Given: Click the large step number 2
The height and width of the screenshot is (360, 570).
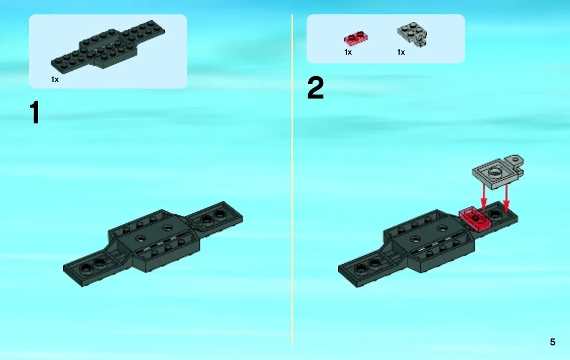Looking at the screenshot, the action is (x=315, y=88).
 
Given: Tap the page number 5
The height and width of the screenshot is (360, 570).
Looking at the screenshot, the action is (x=552, y=342).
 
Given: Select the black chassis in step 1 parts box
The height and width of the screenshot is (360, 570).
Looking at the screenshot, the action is (x=108, y=45).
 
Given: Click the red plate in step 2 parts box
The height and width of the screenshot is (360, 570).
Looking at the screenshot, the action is (x=356, y=38).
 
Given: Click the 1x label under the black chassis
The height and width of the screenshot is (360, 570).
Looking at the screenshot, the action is (x=55, y=80).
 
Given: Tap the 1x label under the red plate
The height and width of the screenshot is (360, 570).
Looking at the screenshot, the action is (x=348, y=52).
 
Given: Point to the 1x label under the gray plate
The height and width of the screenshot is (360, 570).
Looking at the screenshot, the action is (x=401, y=52).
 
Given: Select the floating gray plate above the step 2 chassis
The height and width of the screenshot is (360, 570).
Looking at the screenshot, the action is (x=498, y=172).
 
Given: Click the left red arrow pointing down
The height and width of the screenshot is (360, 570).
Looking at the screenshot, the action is (x=484, y=198).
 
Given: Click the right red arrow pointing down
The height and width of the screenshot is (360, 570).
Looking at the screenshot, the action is (x=506, y=199).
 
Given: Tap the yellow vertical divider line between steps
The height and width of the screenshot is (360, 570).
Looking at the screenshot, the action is (x=292, y=180).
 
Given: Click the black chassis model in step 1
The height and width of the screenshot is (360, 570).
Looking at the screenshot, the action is (x=153, y=243).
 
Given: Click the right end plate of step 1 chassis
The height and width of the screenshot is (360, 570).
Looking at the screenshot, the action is (x=215, y=218).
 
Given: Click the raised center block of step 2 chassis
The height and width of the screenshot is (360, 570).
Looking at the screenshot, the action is (x=429, y=240).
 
